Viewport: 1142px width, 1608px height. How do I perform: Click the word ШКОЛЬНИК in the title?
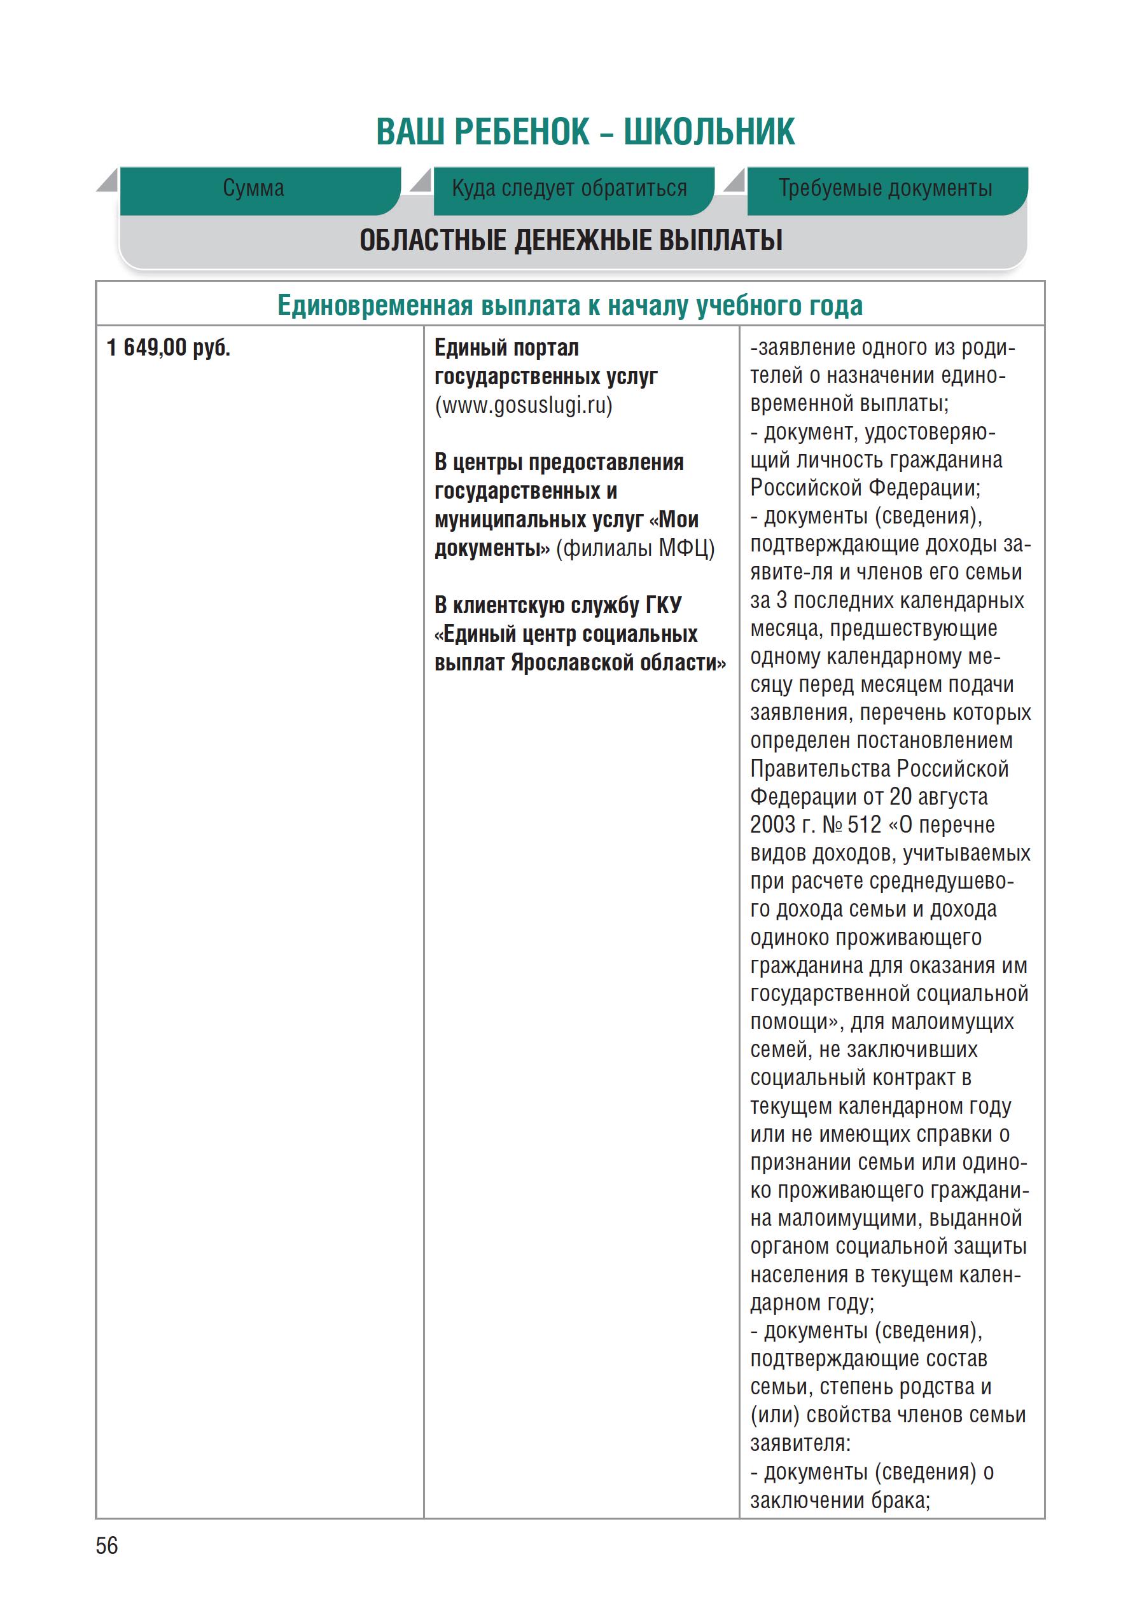(709, 132)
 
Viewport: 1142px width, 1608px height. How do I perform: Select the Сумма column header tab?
(254, 188)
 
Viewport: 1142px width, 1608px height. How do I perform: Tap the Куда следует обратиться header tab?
(569, 188)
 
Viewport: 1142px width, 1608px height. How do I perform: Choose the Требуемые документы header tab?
(884, 188)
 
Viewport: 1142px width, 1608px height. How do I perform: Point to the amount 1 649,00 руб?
(169, 347)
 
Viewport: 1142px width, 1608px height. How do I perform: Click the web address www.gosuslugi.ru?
(524, 406)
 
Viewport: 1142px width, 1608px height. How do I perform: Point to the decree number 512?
(864, 824)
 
